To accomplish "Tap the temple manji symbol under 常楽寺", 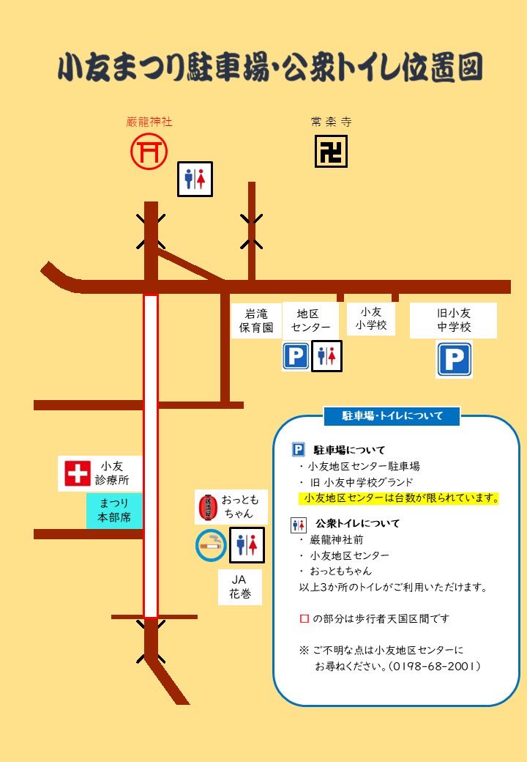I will coord(331,152).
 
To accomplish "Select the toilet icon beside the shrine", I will coord(195,179).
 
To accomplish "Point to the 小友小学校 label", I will coord(371,319).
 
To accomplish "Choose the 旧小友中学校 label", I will coord(454,319).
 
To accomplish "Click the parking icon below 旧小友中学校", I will coord(454,360).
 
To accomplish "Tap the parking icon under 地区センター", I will coord(296,357).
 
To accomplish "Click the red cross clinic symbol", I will coord(77,473).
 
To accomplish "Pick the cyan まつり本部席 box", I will coord(113,510).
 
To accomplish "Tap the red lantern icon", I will coord(208,507).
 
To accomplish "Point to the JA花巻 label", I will coord(240,587).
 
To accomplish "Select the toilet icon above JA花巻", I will coord(247,544).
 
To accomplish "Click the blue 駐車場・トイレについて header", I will coord(392,415).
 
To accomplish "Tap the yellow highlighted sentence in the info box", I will coord(399,498).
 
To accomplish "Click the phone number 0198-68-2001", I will coord(435,666).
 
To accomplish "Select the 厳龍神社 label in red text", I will coord(149,122).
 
